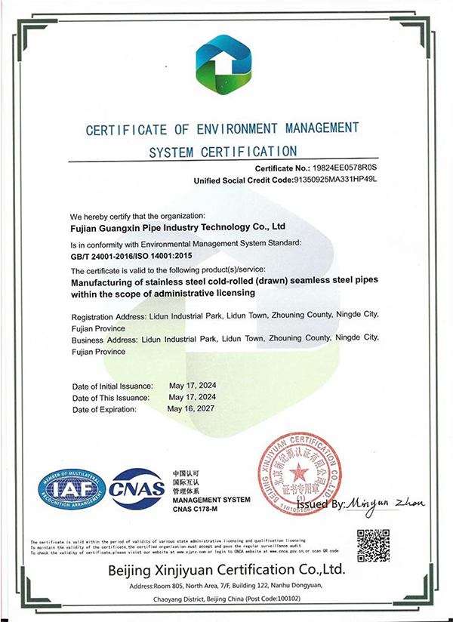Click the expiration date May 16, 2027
click(193, 408)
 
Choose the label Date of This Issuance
click(110, 397)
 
